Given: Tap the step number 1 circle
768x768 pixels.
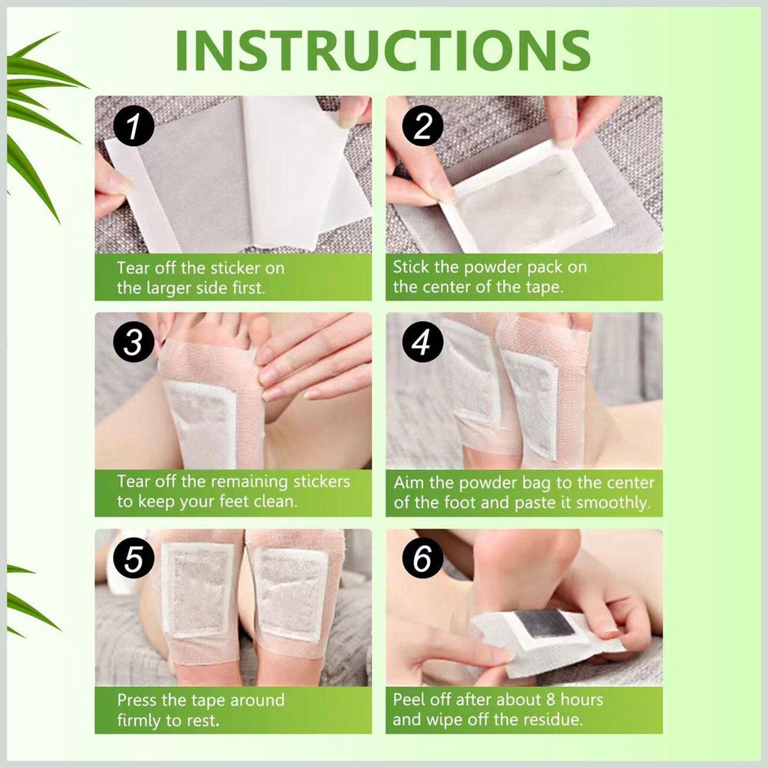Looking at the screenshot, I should tap(133, 127).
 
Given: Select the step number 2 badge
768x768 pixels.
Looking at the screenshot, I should tap(423, 127).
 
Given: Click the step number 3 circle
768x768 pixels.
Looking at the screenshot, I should tap(133, 343).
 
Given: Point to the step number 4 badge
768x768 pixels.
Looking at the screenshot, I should tap(423, 343).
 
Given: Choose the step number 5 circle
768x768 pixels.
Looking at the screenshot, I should tap(133, 560).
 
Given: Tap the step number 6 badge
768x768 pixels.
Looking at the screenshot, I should tap(423, 560).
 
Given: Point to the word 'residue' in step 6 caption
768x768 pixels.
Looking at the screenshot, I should tap(553, 721).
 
